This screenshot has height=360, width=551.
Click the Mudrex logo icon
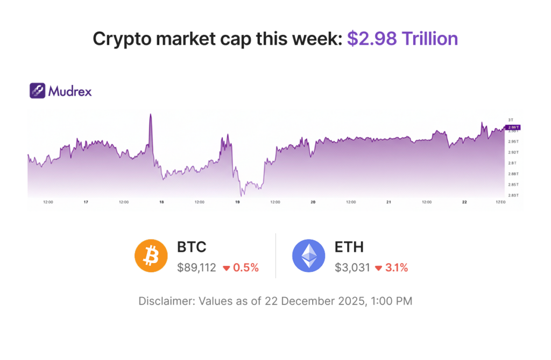click(37, 90)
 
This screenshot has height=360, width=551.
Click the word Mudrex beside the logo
click(70, 91)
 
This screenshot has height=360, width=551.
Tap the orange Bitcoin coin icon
click(151, 256)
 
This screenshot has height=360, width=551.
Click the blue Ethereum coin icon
click(308, 256)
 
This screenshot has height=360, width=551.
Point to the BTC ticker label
click(192, 247)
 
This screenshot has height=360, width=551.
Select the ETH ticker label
click(349, 247)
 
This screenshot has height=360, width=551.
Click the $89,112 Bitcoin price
click(196, 267)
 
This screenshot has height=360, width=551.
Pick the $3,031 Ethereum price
click(352, 267)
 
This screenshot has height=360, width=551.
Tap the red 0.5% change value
click(246, 267)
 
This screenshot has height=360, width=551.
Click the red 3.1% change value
click(397, 267)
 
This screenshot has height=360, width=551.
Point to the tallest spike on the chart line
click(151, 114)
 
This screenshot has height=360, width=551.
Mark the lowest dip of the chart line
click(241, 196)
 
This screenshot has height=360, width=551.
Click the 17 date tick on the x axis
click(86, 202)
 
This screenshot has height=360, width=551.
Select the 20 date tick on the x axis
click(313, 202)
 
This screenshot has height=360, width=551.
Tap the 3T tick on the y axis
click(511, 119)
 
